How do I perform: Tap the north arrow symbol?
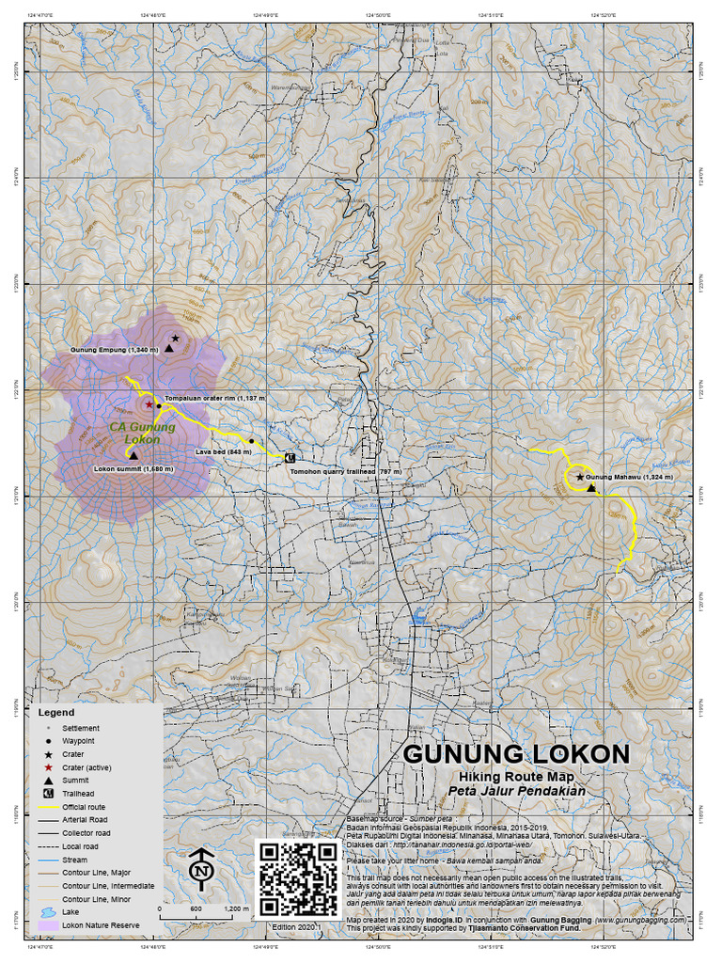point(200,871)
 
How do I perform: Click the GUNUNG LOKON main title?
point(516,754)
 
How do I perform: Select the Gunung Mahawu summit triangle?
point(590,487)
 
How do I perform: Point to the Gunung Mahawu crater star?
point(579,478)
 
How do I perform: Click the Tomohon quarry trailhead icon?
point(290,457)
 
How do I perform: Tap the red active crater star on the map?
point(149,404)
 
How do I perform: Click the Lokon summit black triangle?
point(133,455)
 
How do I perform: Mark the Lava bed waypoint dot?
point(251,440)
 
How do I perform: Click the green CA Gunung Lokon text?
point(142,433)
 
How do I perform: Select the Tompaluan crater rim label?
point(215,399)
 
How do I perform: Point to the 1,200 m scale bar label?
point(237,909)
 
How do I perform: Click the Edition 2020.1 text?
point(295,927)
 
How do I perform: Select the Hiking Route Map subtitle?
point(516,777)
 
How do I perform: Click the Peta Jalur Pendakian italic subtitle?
point(516,791)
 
